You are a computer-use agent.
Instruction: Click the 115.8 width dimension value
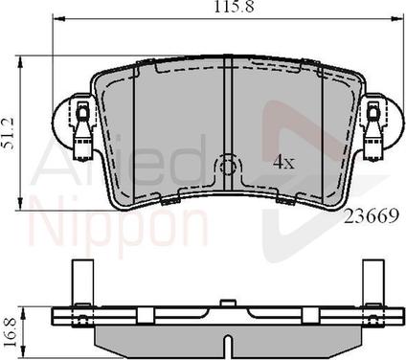point(234,7)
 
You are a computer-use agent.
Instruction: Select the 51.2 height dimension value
point(8,133)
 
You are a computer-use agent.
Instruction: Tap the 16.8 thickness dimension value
point(11,332)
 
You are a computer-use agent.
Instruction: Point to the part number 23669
point(372,216)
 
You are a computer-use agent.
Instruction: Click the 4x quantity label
point(283,163)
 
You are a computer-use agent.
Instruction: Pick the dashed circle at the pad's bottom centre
point(227,166)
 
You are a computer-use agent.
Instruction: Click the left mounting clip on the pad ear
point(83,129)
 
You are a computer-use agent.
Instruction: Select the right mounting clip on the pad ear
point(372,129)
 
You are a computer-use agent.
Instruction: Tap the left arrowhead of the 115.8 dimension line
point(58,19)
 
